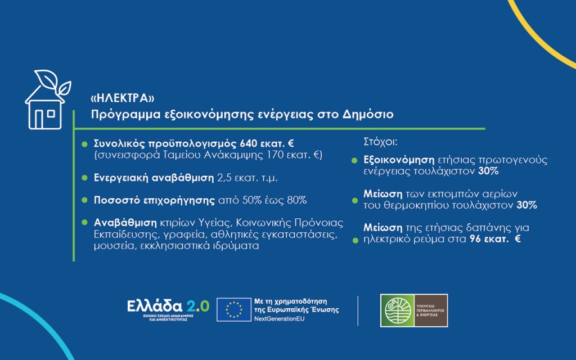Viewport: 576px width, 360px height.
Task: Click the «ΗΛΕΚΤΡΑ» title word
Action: (x=123, y=98)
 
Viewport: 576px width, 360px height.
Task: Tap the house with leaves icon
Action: (x=47, y=101)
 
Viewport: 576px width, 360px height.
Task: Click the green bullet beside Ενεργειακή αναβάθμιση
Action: (x=84, y=178)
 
